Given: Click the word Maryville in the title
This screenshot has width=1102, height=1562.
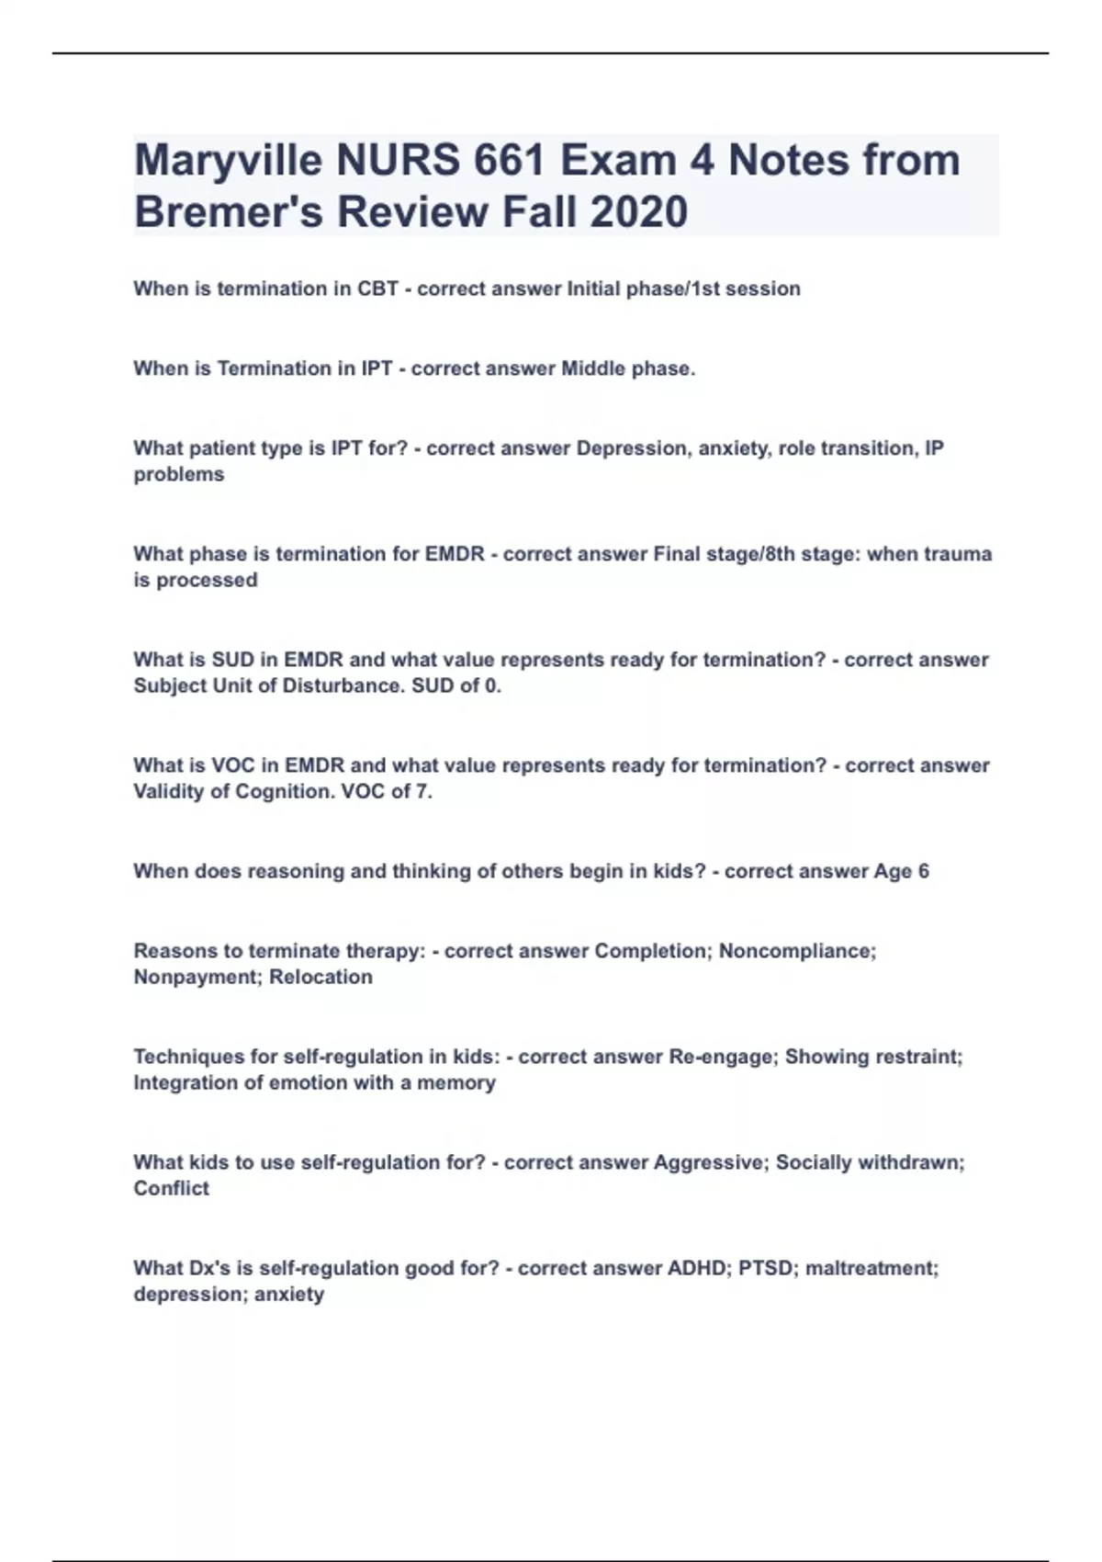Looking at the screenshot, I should [228, 161].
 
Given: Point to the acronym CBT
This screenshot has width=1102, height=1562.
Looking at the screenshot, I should [377, 289].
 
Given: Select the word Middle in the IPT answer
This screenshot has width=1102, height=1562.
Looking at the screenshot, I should [592, 368].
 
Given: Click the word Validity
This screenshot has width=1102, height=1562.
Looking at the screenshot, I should [169, 791].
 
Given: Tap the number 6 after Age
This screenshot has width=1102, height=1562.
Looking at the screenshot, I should [923, 871].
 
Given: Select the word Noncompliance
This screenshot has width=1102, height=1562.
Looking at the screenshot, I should [797, 951].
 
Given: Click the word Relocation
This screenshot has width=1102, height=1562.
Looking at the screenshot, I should [321, 977].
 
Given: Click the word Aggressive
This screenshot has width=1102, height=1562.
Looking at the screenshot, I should [709, 1162].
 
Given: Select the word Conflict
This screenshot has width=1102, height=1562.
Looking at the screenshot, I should [172, 1188].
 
